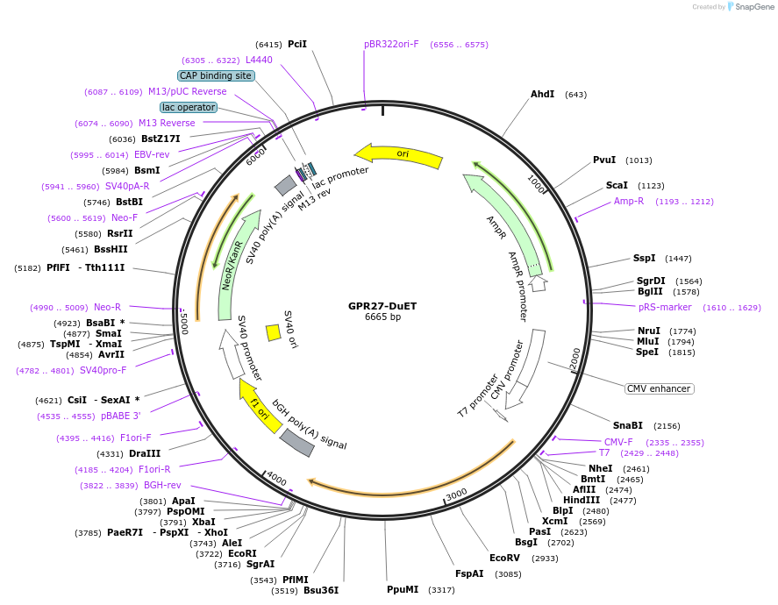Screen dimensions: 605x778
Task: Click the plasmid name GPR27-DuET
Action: pyautogui.click(x=382, y=305)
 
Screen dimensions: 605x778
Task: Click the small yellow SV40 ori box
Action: pyautogui.click(x=273, y=332)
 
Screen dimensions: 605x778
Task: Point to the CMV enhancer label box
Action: pyautogui.click(x=659, y=388)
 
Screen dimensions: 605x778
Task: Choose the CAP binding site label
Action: pyautogui.click(x=216, y=76)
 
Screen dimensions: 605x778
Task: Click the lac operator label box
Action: pyautogui.click(x=189, y=107)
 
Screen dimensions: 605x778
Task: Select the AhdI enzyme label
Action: pyautogui.click(x=542, y=95)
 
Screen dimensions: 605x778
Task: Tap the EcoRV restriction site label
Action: pyautogui.click(x=504, y=559)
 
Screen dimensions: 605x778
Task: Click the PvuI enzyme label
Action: pyautogui.click(x=604, y=160)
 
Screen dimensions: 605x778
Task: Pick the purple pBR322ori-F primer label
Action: pyautogui.click(x=391, y=44)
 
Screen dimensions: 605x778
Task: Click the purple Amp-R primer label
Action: pyautogui.click(x=628, y=202)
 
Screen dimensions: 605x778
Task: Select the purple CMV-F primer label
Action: pyautogui.click(x=618, y=442)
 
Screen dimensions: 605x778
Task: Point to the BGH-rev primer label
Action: pyautogui.click(x=162, y=486)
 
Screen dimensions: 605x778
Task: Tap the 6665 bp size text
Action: pyautogui.click(x=382, y=317)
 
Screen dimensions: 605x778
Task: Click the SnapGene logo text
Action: pyautogui.click(x=753, y=7)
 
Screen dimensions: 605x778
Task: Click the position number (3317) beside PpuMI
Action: pyautogui.click(x=441, y=590)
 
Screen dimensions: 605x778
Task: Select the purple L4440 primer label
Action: pyautogui.click(x=259, y=60)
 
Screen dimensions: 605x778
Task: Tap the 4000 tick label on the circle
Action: pyautogui.click(x=277, y=479)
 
